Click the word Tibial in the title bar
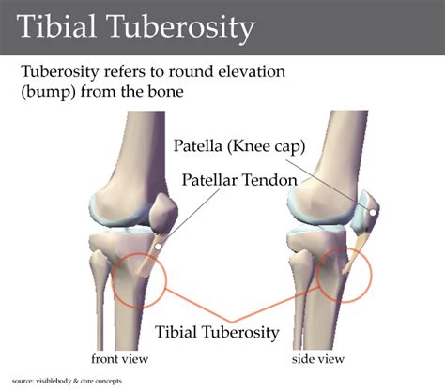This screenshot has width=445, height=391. [56, 28]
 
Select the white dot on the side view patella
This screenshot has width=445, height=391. [374, 213]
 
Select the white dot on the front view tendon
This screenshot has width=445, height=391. [160, 246]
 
